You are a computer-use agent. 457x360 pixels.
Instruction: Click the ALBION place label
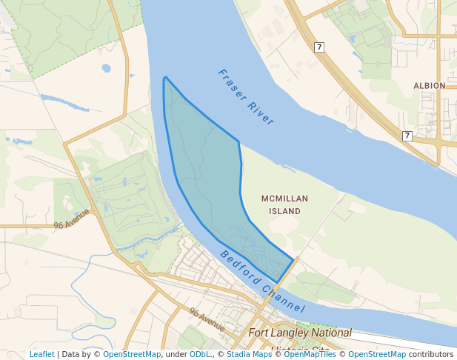tap(430, 86)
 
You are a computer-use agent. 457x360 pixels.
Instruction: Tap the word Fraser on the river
tap(233, 83)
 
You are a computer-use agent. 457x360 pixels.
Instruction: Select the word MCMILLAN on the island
tap(284, 199)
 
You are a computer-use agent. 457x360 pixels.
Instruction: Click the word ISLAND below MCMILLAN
tap(284, 211)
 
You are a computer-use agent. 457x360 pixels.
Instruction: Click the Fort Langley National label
tap(300, 333)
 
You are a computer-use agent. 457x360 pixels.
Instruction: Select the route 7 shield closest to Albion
tap(407, 136)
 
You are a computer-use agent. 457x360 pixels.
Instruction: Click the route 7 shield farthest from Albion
tap(319, 47)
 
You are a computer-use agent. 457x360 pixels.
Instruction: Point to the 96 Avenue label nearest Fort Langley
tap(207, 319)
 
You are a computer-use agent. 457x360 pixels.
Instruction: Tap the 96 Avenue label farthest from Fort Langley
tap(71, 219)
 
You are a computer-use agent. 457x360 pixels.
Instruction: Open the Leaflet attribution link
tap(42, 355)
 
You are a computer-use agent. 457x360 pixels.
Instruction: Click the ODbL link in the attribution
tap(201, 355)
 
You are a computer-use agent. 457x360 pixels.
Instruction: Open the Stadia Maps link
tap(247, 355)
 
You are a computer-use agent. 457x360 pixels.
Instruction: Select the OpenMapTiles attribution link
tap(310, 355)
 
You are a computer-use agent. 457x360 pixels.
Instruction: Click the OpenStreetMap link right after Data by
tap(132, 355)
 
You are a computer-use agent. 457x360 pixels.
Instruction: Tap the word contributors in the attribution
tap(431, 355)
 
